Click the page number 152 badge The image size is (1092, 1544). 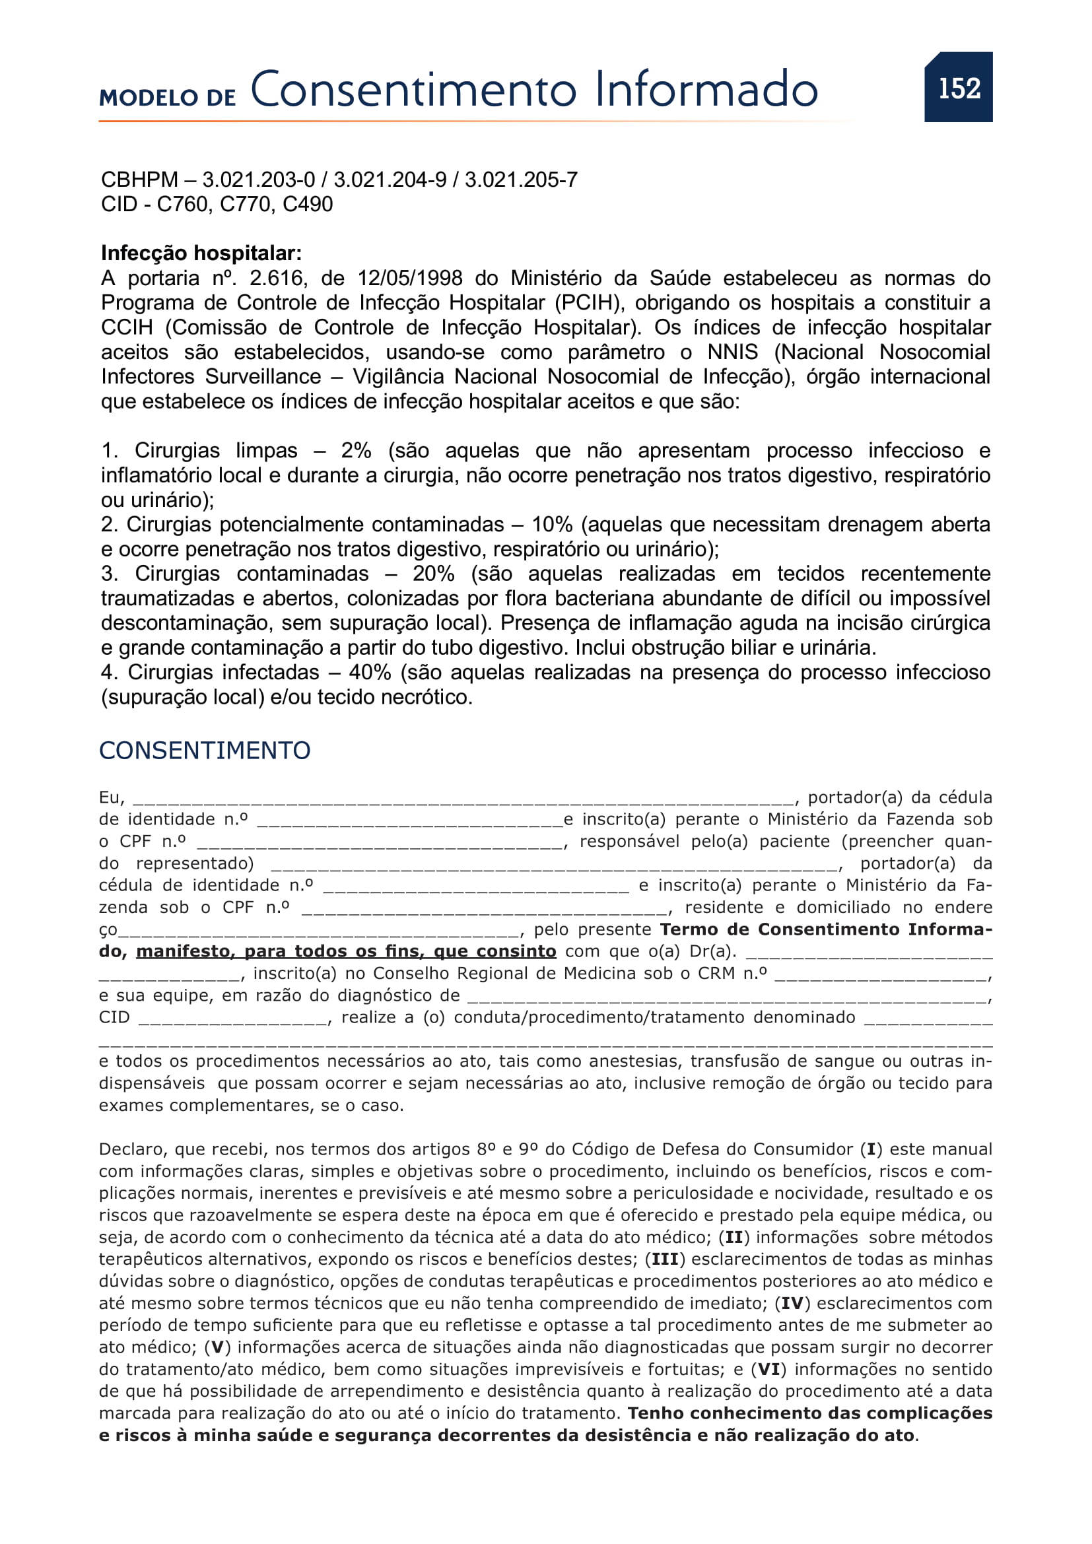tap(958, 87)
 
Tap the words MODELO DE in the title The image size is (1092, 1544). tap(168, 98)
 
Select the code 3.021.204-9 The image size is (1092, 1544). tap(390, 180)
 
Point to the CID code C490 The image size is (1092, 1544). tap(307, 204)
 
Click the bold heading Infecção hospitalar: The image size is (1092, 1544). tap(201, 253)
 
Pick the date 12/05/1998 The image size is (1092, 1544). tap(409, 278)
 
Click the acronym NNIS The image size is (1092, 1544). tap(732, 352)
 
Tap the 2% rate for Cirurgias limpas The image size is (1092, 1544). tap(356, 451)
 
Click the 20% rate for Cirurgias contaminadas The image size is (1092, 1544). tap(434, 574)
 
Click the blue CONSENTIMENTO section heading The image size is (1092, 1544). tap(205, 751)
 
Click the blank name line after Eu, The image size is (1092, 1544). tap(464, 799)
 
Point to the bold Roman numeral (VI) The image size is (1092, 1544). tap(768, 1369)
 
